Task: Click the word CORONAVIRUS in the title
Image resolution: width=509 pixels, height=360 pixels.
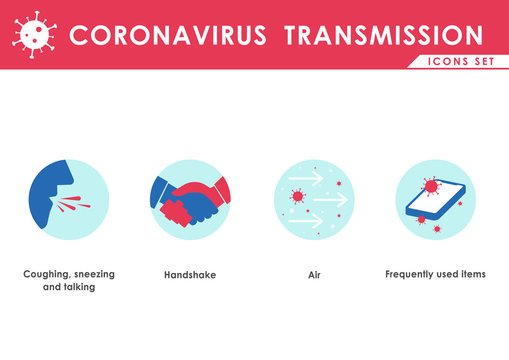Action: pos(168,36)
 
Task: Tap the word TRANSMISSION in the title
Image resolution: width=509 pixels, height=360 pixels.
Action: pos(383,36)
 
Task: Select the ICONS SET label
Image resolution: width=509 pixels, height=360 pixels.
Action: pos(458,62)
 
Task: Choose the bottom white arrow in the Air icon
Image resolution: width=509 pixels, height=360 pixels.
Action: pos(306,219)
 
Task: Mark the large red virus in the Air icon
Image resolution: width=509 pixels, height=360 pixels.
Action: pos(297,196)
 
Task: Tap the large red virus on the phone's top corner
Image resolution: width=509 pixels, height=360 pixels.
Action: pos(431,186)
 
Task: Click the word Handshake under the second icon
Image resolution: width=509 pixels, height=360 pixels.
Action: pos(189,274)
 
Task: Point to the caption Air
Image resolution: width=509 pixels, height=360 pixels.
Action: pos(313,274)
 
